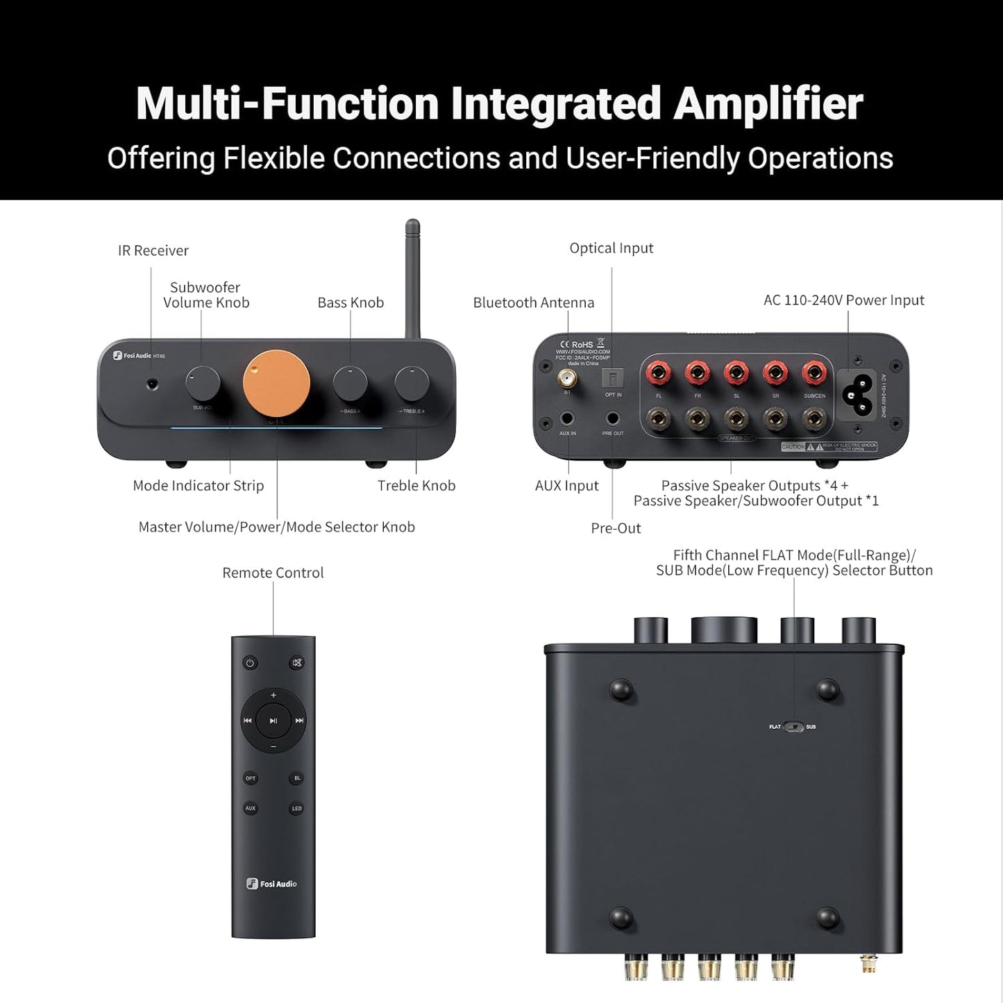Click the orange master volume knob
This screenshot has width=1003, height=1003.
coord(276,382)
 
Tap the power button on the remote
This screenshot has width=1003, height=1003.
coord(251,663)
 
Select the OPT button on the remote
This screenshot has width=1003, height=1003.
coord(251,778)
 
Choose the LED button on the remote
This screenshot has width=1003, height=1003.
coord(296,809)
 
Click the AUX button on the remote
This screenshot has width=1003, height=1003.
coord(251,809)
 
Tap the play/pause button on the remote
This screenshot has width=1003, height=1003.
coord(273,721)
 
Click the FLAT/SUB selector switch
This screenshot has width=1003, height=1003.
coord(793,727)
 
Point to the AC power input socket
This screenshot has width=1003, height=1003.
coord(857,392)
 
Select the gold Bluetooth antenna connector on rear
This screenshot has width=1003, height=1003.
coord(568,378)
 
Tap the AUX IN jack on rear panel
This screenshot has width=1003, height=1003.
coord(568,419)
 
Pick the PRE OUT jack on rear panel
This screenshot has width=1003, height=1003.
coord(613,419)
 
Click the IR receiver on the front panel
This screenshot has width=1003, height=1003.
coord(152,382)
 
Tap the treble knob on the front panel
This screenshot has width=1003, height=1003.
coord(412,382)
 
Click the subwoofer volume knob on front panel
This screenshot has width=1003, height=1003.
coord(203,382)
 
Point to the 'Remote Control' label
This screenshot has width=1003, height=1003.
coord(273,573)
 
